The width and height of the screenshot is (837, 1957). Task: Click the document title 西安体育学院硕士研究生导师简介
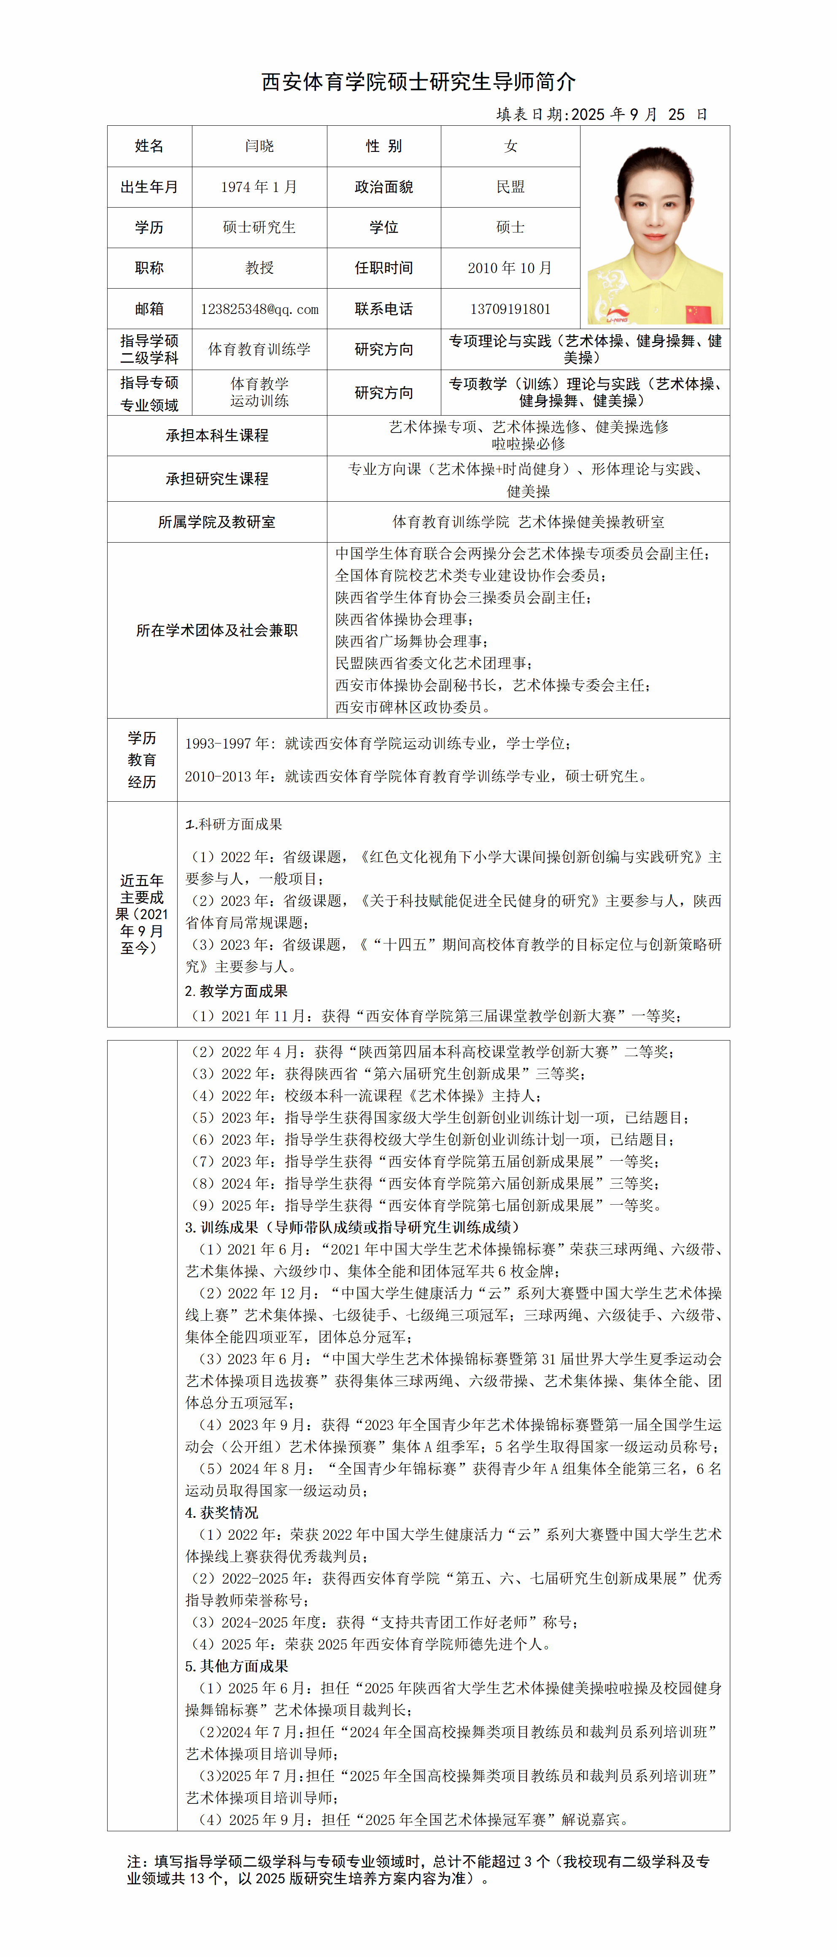pyautogui.click(x=418, y=81)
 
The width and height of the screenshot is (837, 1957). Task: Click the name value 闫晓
pyautogui.click(x=259, y=146)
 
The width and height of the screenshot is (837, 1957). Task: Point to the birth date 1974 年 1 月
pyautogui.click(x=259, y=187)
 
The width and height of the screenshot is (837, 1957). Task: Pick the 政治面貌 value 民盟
pyautogui.click(x=510, y=187)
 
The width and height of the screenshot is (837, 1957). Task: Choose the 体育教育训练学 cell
pyautogui.click(x=259, y=349)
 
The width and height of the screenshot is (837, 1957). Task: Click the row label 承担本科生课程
pyautogui.click(x=217, y=435)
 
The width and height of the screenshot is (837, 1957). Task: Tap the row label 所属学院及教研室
pyautogui.click(x=217, y=522)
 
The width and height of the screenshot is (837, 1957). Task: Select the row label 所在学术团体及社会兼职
pyautogui.click(x=217, y=630)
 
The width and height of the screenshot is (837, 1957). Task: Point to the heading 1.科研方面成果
pyautogui.click(x=234, y=824)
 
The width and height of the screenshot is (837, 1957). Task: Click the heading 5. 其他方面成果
pyautogui.click(x=236, y=1666)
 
